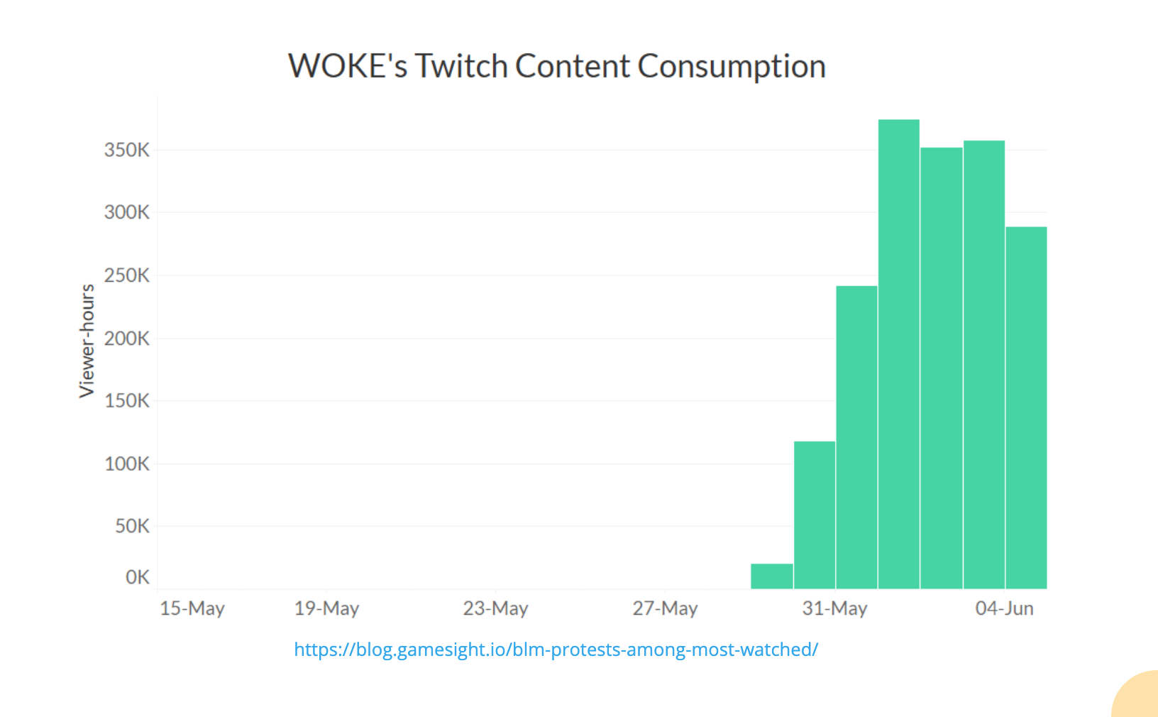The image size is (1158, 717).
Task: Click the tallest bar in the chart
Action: (898, 355)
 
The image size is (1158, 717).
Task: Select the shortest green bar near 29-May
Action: (772, 576)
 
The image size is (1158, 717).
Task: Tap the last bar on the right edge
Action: (1026, 408)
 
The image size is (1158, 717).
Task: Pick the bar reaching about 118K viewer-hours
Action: (815, 515)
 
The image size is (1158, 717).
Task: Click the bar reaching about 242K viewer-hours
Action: (856, 437)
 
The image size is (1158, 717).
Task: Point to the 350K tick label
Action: (127, 150)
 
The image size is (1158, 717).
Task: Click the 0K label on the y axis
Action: (137, 577)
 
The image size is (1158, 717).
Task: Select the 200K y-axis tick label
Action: (127, 339)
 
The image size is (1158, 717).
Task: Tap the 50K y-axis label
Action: (132, 527)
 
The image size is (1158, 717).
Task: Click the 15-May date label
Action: (192, 608)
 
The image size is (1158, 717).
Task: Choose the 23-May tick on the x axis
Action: (495, 608)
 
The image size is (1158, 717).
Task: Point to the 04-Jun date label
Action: (1004, 608)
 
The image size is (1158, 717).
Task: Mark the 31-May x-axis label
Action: (834, 608)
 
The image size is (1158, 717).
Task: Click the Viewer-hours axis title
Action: (87, 341)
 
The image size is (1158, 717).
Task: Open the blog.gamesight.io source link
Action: (556, 650)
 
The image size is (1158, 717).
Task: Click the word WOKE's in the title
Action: (348, 67)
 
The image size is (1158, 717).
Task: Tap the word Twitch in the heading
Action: (461, 67)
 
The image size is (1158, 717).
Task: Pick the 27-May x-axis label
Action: (665, 608)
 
